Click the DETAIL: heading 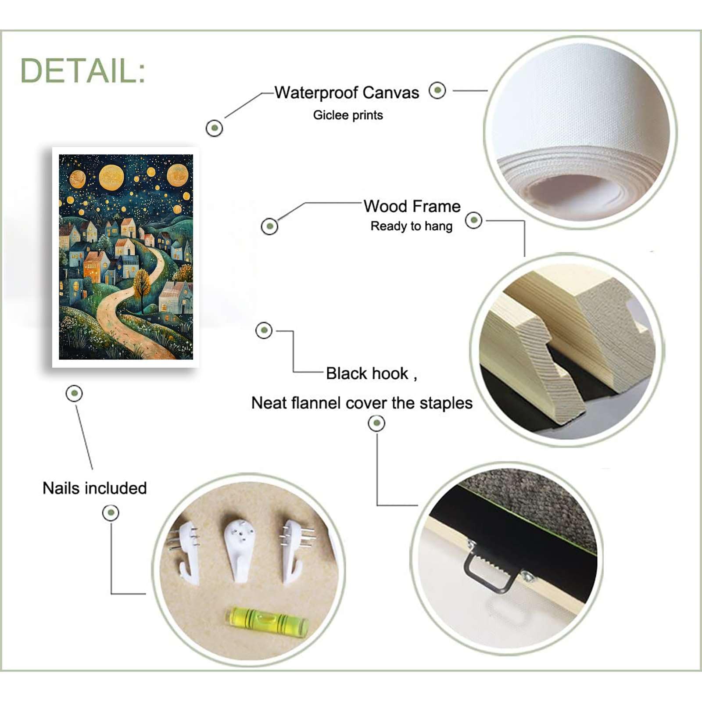(82, 71)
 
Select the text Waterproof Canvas (347, 93)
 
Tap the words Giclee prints (348, 115)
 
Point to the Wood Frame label (412, 206)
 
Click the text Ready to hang (411, 226)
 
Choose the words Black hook (367, 373)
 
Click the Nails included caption (95, 488)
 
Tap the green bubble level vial (267, 620)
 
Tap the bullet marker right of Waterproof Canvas (437, 90)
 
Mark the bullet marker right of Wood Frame (473, 220)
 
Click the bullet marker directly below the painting (74, 393)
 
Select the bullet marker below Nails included (111, 512)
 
